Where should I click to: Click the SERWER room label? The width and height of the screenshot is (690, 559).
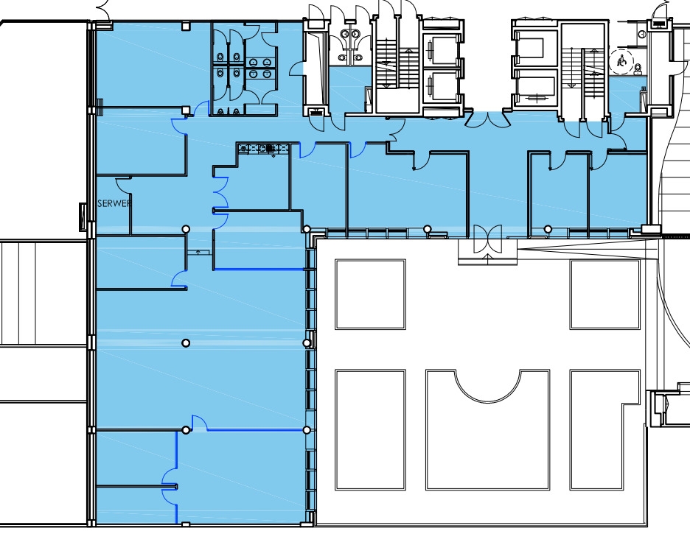click(114, 203)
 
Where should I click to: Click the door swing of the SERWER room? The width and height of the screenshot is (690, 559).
click(123, 185)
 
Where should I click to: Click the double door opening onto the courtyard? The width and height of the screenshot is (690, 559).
click(487, 239)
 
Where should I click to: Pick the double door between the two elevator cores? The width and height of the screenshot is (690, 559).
click(487, 119)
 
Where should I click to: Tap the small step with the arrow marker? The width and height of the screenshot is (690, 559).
click(198, 252)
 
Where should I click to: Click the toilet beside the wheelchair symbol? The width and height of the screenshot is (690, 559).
click(638, 68)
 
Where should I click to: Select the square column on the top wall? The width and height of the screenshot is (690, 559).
click(187, 27)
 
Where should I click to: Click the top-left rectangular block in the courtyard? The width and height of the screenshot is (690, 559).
click(370, 295)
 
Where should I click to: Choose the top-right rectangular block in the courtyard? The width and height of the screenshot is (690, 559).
click(604, 295)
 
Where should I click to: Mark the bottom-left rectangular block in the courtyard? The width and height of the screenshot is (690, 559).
click(370, 429)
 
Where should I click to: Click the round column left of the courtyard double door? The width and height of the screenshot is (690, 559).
click(427, 229)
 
